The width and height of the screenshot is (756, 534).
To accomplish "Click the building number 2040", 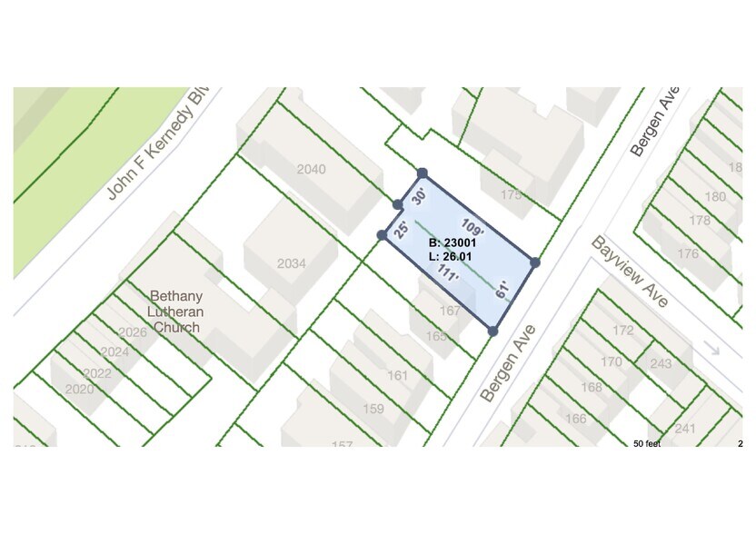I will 311,169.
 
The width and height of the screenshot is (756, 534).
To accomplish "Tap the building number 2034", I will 292,263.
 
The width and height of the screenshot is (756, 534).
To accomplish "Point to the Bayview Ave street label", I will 630,272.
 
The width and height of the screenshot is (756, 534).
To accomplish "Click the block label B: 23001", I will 451,243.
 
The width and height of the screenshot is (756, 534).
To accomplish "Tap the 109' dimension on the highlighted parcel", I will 472,227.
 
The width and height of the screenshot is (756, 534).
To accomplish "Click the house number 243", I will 661,364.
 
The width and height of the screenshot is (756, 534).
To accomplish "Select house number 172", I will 622,331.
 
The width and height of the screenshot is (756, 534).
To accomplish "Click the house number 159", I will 373,409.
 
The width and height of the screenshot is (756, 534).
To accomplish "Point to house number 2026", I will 133,332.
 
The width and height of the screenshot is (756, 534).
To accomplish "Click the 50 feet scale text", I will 648,444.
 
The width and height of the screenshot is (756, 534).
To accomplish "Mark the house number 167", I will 449,311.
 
